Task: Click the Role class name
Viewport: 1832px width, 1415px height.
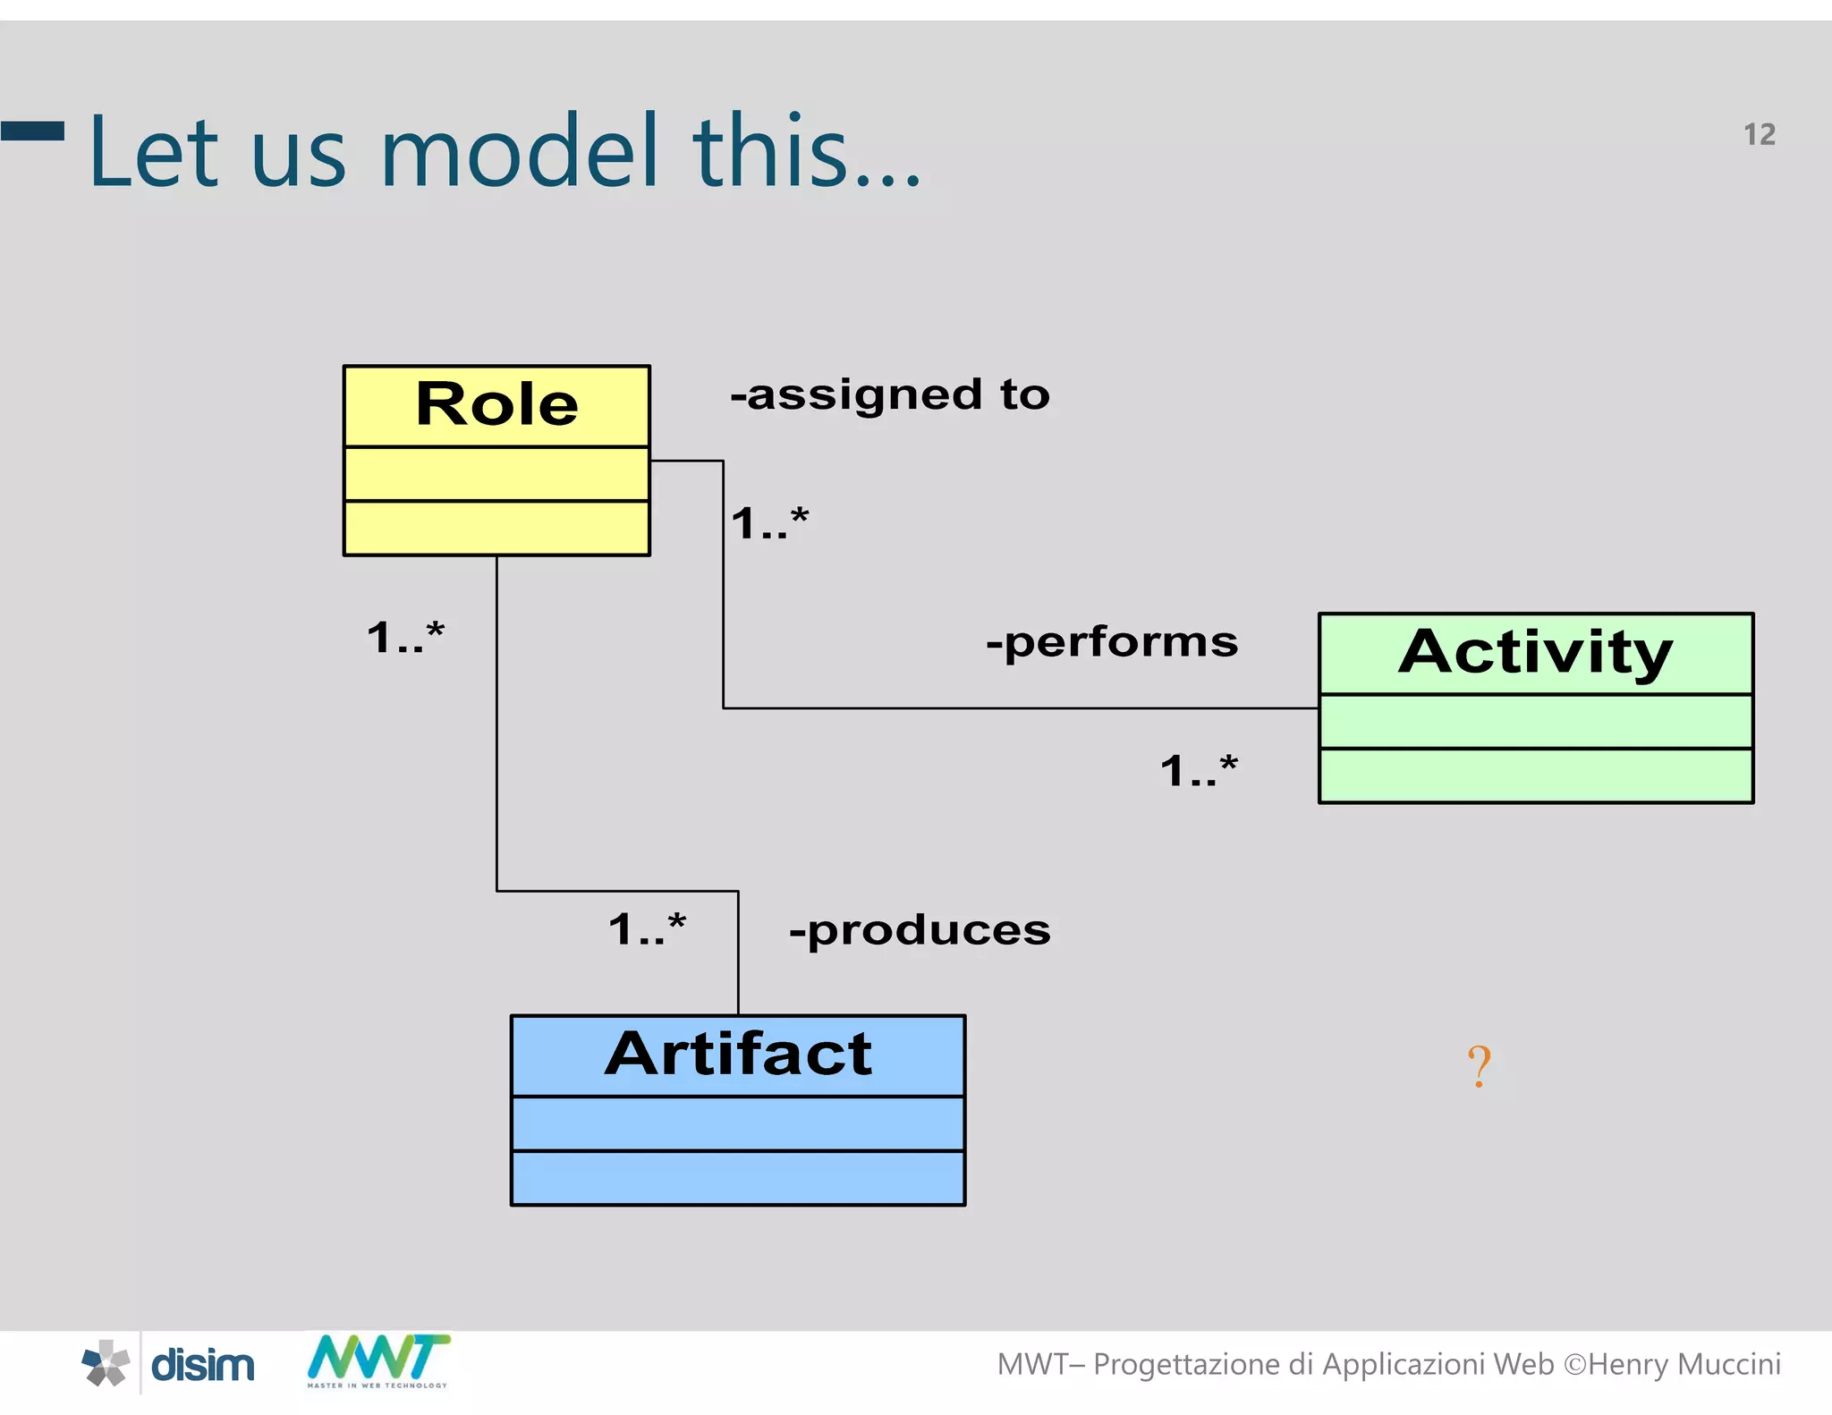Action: (x=496, y=404)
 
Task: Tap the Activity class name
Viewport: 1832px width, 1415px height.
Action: (x=1535, y=653)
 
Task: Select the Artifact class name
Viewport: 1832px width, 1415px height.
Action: (x=738, y=1054)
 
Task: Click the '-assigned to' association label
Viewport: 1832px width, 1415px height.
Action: (x=890, y=395)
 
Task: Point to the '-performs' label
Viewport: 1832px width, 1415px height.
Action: (x=1112, y=642)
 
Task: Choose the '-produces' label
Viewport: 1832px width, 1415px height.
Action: (x=920, y=930)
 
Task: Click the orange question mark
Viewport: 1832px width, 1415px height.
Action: (x=1479, y=1066)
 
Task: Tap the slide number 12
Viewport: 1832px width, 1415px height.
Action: (x=1759, y=135)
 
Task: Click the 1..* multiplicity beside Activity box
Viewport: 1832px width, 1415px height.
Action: (x=1199, y=771)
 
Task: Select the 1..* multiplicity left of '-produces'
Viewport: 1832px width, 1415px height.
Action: (x=647, y=929)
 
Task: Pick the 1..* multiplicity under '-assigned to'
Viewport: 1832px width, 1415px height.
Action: (x=769, y=523)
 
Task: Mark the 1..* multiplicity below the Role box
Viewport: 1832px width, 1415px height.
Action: (x=405, y=638)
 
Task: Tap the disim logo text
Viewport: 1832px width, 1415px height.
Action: (x=203, y=1366)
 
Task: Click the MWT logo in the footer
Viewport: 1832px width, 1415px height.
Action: (x=377, y=1360)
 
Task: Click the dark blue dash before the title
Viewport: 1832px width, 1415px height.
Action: (x=32, y=131)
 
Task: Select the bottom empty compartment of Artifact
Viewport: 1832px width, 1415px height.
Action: (x=738, y=1178)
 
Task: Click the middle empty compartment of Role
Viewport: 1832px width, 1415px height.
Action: (x=496, y=474)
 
